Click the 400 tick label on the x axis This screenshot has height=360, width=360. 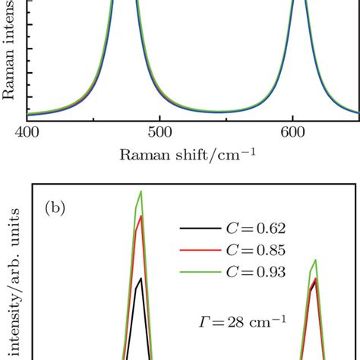point(27,133)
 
